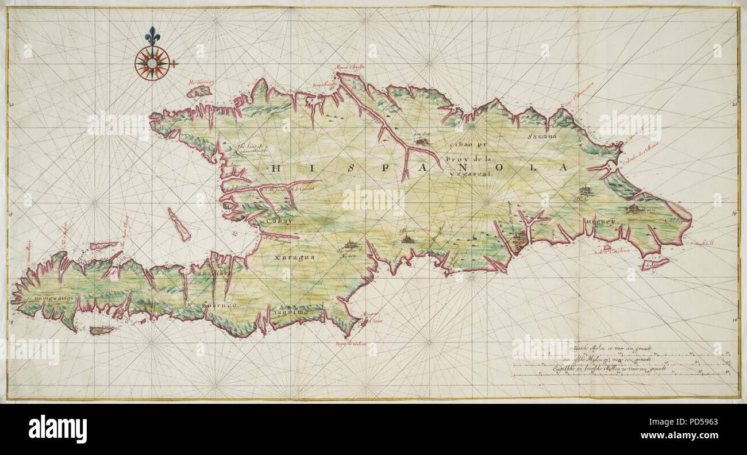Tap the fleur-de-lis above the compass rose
[152, 36]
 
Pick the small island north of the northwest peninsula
[199, 91]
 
